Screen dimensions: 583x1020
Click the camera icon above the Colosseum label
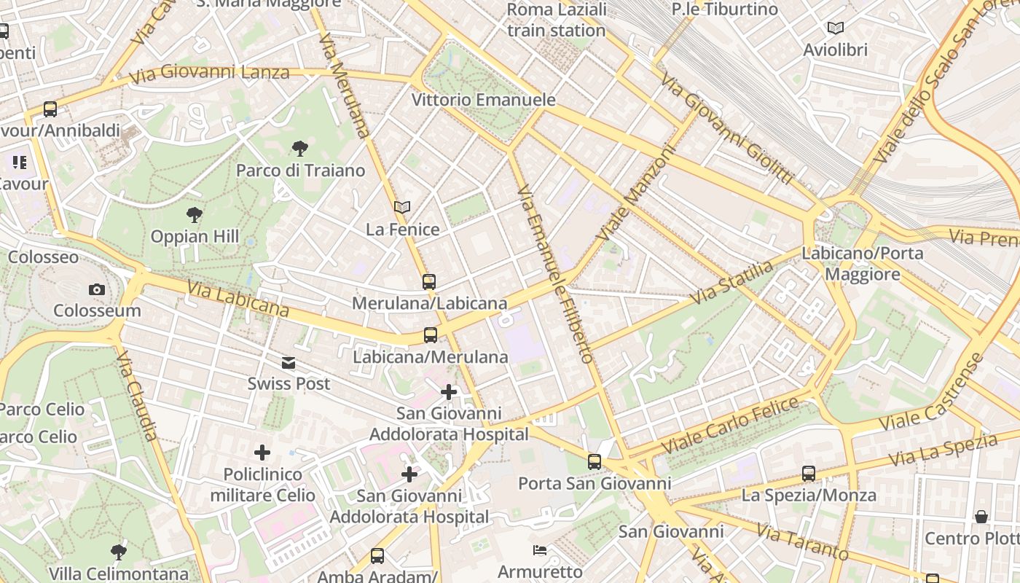(96, 290)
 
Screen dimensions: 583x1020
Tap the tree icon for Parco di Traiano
(299, 149)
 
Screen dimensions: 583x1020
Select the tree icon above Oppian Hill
(194, 215)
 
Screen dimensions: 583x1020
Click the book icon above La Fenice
(402, 208)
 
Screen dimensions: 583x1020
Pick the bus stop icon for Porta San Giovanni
(595, 462)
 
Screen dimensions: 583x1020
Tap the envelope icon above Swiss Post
(289, 362)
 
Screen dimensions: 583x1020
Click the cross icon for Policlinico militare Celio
(262, 453)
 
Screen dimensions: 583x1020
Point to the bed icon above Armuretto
(540, 549)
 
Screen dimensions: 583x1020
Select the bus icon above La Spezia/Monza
(808, 474)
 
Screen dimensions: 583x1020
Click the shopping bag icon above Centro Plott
(981, 517)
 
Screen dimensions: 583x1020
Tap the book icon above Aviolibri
(835, 28)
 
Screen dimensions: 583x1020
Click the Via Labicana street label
(238, 299)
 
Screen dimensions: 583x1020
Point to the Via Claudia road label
(137, 396)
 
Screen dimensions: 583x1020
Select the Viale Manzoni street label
(637, 194)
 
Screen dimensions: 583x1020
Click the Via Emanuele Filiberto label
(555, 274)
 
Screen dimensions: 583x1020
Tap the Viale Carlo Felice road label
(729, 427)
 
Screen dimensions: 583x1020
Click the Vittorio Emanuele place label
(484, 100)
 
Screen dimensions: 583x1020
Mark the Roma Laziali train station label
(557, 20)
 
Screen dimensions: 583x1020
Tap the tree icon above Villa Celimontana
(118, 552)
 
